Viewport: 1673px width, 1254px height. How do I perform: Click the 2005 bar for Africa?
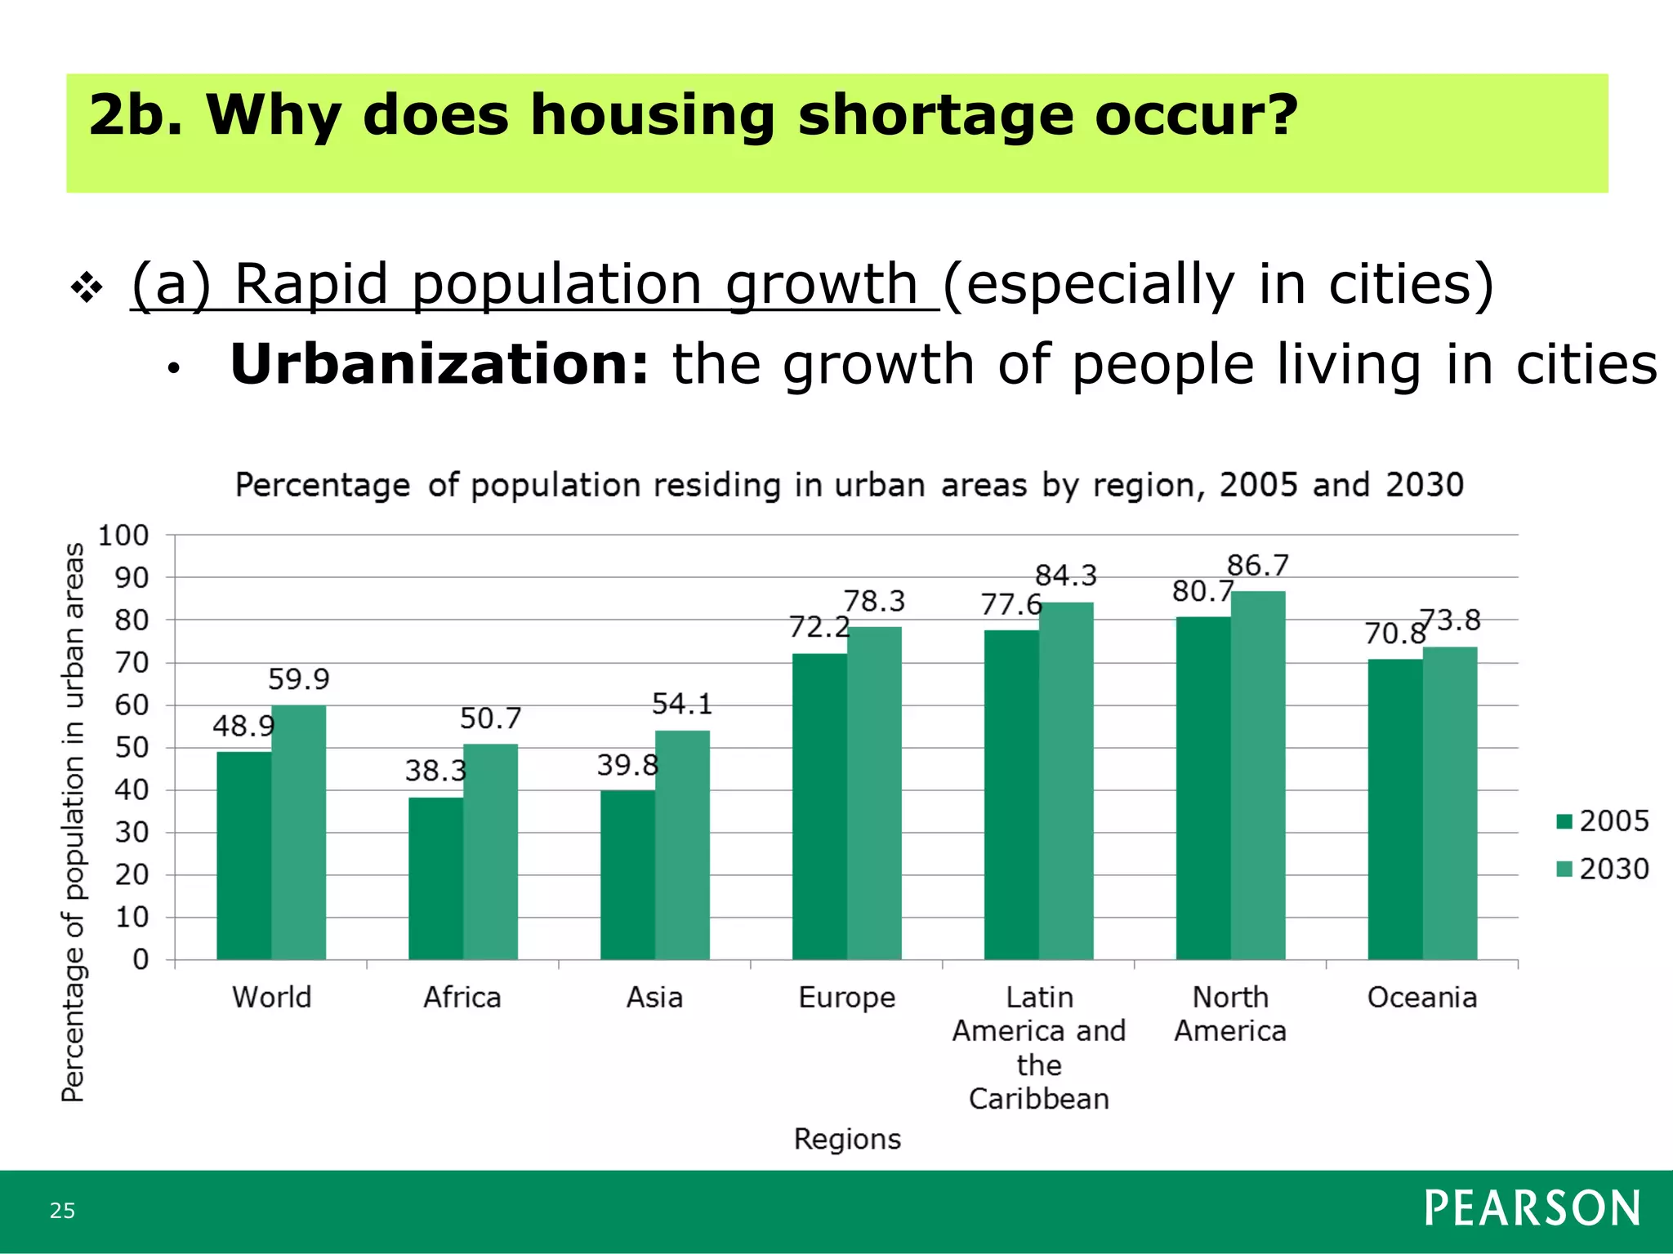tap(435, 878)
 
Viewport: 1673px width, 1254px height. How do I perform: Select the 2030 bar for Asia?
tap(682, 845)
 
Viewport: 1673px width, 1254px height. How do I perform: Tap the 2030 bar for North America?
tap(1258, 776)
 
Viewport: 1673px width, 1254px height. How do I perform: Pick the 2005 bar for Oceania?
tap(1395, 809)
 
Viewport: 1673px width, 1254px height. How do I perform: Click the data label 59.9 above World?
tap(298, 679)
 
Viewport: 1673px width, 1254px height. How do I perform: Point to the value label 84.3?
tap(1066, 576)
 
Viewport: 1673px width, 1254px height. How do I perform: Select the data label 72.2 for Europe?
tap(819, 628)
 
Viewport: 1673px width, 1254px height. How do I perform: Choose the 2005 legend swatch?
tap(1565, 821)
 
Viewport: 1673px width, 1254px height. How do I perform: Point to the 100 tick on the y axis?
tap(123, 536)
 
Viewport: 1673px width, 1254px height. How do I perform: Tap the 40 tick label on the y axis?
tap(131, 790)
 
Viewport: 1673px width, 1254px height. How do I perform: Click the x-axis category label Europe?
tap(846, 998)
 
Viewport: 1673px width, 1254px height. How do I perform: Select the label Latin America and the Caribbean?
tap(1038, 1047)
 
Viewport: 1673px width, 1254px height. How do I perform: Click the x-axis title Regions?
tap(847, 1139)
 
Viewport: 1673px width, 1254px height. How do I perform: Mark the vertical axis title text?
tap(74, 821)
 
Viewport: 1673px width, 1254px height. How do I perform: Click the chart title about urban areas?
tap(849, 485)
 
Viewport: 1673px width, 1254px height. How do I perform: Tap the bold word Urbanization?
tap(439, 364)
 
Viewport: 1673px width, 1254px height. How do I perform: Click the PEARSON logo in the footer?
tap(1532, 1208)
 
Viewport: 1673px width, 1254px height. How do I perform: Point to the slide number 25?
tap(62, 1211)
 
